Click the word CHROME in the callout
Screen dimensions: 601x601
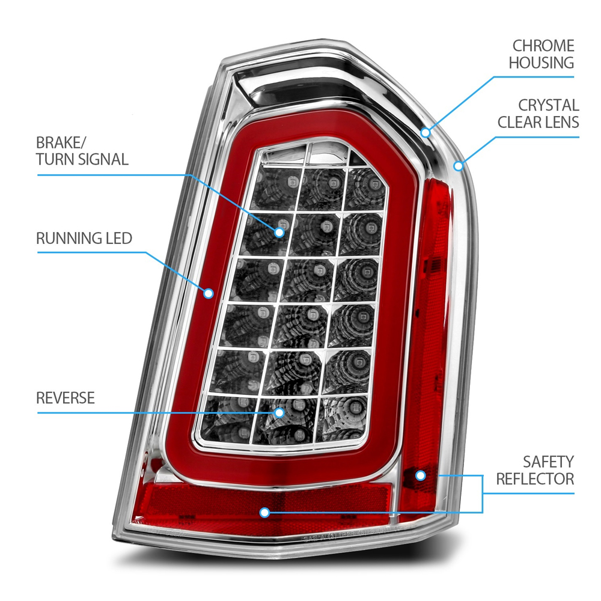point(543,46)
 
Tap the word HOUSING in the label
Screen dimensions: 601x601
point(541,63)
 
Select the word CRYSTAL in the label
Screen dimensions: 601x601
point(549,106)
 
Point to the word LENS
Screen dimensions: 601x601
point(562,123)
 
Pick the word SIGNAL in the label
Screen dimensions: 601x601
point(103,159)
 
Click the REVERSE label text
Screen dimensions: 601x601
point(66,398)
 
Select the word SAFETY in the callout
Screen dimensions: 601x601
point(548,462)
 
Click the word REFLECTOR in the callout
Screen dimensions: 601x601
point(535,479)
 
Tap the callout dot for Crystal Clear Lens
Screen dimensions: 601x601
point(459,165)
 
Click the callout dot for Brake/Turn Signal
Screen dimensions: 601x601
point(280,231)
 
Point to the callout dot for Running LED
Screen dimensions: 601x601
point(209,293)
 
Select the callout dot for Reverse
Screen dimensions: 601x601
point(279,412)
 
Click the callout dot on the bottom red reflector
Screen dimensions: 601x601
point(263,512)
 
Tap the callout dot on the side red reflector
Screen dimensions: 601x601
point(421,475)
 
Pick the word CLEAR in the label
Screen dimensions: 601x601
point(521,123)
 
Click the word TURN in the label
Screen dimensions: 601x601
point(56,159)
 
